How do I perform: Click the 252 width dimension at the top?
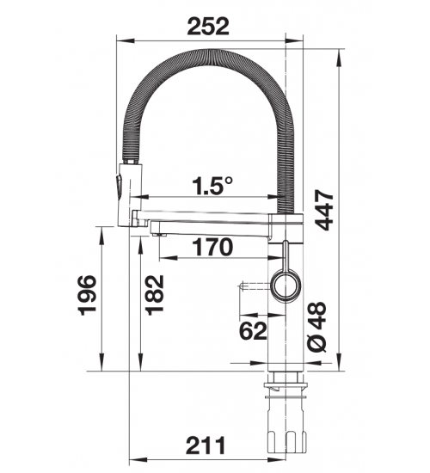[x=208, y=27]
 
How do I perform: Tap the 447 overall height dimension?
[x=324, y=210]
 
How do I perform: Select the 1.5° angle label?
[x=212, y=185]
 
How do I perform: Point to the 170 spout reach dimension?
[x=212, y=247]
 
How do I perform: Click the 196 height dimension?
[x=87, y=295]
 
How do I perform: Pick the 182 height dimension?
[x=155, y=295]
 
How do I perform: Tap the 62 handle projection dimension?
[x=253, y=330]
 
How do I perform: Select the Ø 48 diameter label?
[x=316, y=327]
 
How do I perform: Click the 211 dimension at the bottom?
[x=206, y=445]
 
